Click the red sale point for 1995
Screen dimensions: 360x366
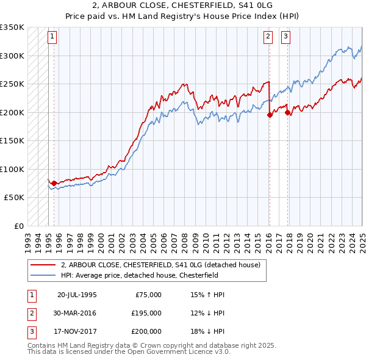click(x=54, y=183)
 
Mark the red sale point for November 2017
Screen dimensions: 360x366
click(x=287, y=112)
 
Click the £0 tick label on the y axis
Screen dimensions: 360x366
click(x=18, y=226)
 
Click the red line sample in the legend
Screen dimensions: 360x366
click(x=43, y=265)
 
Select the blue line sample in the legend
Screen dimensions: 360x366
click(x=43, y=275)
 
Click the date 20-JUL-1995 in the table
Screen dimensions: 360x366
click(x=77, y=295)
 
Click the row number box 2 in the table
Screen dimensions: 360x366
click(x=30, y=313)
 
